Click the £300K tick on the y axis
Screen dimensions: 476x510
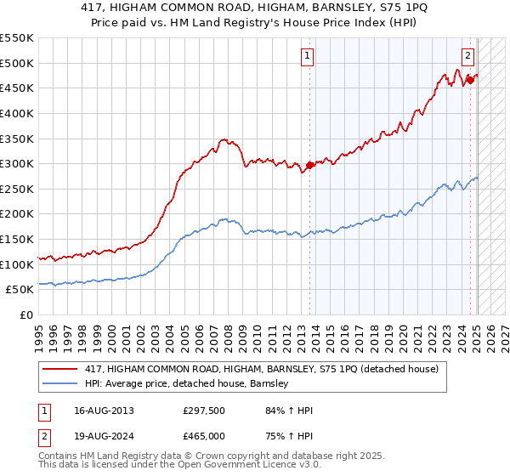[17, 163]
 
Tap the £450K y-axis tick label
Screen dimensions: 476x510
[17, 88]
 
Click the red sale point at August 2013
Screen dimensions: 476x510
[309, 165]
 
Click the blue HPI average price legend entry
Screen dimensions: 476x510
[187, 384]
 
